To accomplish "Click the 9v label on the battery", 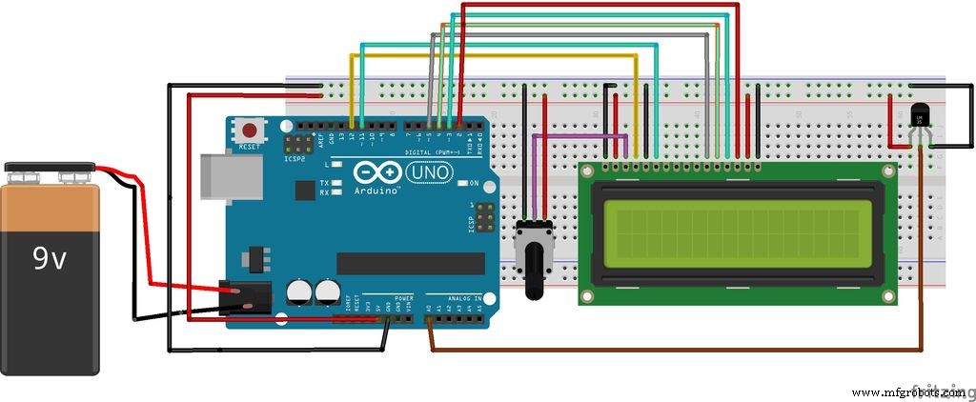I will tap(49, 258).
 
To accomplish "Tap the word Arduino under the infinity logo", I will tap(378, 190).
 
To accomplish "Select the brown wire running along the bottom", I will tap(667, 350).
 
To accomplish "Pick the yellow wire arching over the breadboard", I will tap(496, 56).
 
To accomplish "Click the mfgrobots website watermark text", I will tap(909, 392).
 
